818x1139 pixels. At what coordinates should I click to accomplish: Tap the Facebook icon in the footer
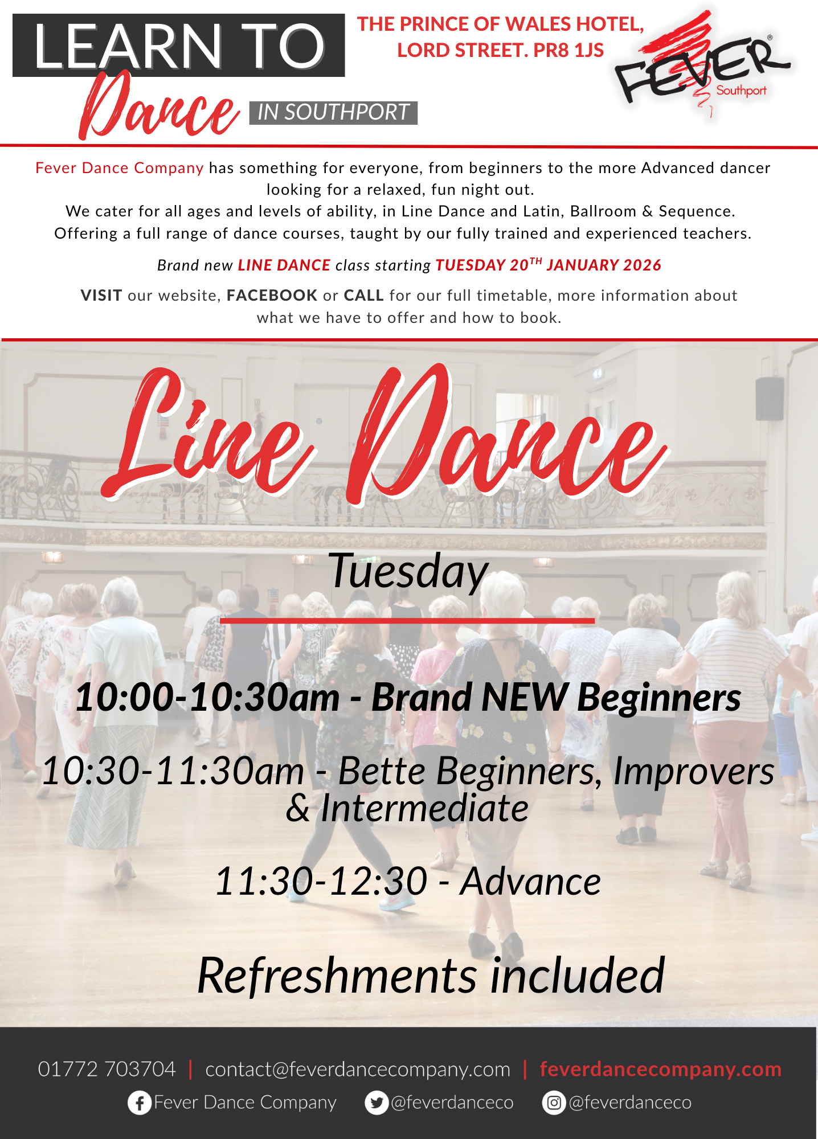click(139, 1103)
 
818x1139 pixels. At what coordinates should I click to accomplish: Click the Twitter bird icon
click(377, 1103)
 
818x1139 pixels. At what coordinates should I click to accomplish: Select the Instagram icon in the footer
click(554, 1103)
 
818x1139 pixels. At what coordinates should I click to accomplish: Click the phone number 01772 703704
click(107, 1069)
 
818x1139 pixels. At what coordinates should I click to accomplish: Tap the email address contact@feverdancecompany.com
click(358, 1070)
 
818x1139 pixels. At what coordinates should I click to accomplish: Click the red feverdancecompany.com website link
click(661, 1070)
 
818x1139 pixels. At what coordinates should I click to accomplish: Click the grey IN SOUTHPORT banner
click(333, 113)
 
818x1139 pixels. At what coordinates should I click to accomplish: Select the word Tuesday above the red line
click(408, 572)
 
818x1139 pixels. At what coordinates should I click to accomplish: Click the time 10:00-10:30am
click(207, 697)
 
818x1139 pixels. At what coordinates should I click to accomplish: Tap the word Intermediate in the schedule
click(424, 808)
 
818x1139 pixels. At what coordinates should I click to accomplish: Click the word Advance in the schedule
click(530, 882)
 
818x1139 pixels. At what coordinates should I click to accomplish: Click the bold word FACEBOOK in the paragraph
click(272, 295)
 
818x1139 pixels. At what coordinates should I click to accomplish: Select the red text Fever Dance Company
click(120, 167)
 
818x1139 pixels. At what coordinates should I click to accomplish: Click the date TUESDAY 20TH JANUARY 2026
click(549, 265)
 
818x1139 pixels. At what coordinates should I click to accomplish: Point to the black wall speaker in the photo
click(770, 398)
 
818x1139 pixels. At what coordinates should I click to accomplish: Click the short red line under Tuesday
click(407, 621)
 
